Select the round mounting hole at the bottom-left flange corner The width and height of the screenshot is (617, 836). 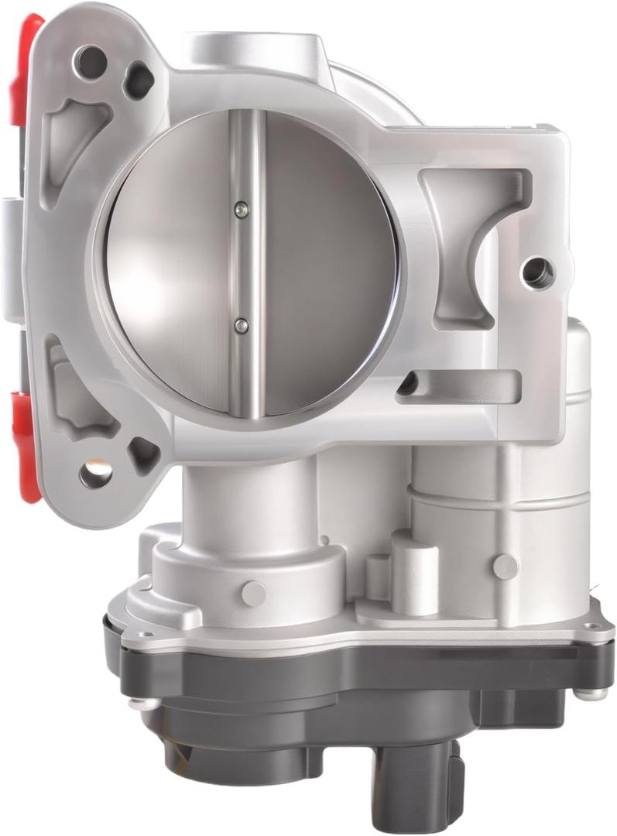[96, 473]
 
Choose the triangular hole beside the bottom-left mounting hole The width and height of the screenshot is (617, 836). [143, 454]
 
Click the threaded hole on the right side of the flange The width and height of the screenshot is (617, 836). [537, 271]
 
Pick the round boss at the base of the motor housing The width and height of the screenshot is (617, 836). [505, 566]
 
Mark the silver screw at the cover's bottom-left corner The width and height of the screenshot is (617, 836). [140, 704]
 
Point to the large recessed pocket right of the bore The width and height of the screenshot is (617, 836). [464, 232]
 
